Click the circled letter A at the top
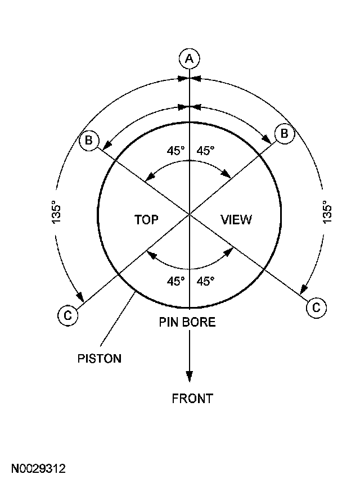tap(190, 58)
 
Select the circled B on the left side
tap(89, 140)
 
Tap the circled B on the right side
tap(283, 133)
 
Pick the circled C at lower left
tap(67, 315)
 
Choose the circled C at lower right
tap(316, 307)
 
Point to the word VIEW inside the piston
tap(236, 219)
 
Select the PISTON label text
tap(99, 358)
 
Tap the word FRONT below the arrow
tap(192, 399)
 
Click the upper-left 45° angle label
tap(175, 151)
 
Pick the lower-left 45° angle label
tap(175, 281)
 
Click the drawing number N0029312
tap(39, 468)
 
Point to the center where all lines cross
tap(190, 214)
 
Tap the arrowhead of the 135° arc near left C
tap(81, 297)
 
